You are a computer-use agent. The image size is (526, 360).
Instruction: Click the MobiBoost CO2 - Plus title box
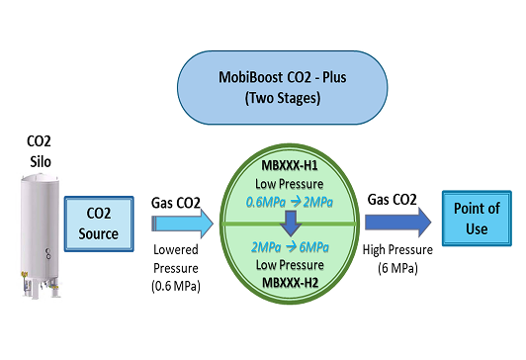tap(282, 88)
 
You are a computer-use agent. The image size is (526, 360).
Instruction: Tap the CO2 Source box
tap(99, 224)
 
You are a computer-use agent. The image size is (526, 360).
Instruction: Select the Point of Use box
tap(477, 219)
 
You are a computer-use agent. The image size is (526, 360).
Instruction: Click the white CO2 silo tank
tap(41, 234)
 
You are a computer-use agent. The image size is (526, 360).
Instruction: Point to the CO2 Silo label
tap(40, 151)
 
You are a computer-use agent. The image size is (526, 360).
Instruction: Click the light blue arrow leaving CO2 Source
tap(183, 224)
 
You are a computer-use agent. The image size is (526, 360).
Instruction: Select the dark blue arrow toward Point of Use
tap(398, 223)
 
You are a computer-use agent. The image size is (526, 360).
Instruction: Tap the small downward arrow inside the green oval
tap(291, 223)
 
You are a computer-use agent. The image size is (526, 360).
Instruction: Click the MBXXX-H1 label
tap(290, 166)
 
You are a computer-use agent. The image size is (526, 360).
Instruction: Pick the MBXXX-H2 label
tap(290, 283)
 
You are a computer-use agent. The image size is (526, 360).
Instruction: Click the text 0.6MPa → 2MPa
tap(289, 202)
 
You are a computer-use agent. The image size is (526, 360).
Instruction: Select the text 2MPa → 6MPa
tap(290, 247)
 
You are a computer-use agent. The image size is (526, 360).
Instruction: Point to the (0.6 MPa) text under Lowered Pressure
tap(176, 286)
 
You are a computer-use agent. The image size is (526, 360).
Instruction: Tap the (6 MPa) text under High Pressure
tap(397, 268)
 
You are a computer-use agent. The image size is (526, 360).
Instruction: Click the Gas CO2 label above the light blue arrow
tap(176, 203)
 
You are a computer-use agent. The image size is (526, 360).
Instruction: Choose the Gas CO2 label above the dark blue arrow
tap(393, 200)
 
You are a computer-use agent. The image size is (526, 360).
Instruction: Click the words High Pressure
tap(397, 250)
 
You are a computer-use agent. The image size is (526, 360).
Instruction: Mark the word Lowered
tap(176, 249)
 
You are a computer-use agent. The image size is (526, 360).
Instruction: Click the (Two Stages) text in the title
tap(283, 98)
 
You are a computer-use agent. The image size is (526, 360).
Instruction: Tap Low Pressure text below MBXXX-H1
tap(290, 184)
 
